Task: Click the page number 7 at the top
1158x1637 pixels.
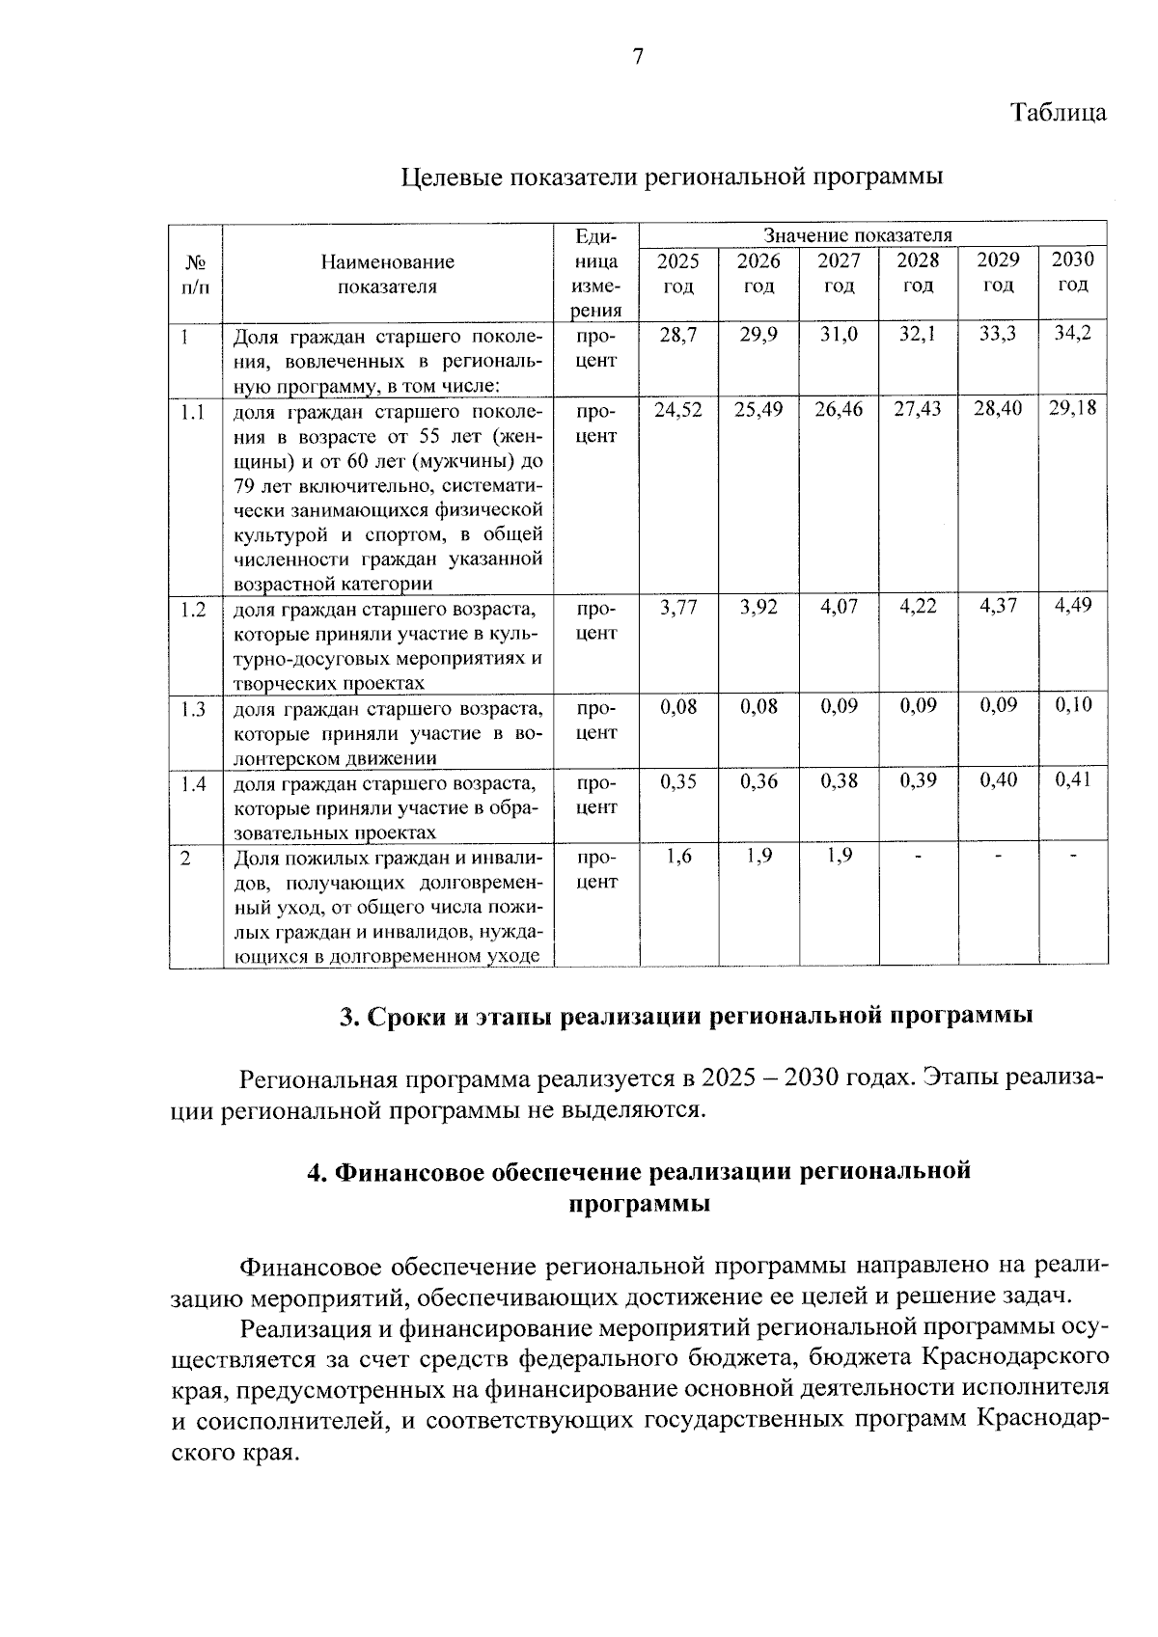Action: pyautogui.click(x=637, y=58)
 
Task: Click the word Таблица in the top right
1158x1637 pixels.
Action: pyautogui.click(x=1058, y=113)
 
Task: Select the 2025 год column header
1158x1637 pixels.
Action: pyautogui.click(x=677, y=273)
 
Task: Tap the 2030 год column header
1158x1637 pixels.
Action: pyautogui.click(x=1072, y=272)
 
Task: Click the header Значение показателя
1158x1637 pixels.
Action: pyautogui.click(x=857, y=235)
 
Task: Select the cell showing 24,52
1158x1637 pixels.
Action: pyautogui.click(x=677, y=410)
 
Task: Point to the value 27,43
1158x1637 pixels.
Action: pyautogui.click(x=917, y=409)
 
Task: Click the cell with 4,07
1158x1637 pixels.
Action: pyautogui.click(x=838, y=609)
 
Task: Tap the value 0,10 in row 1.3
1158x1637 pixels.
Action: pyautogui.click(x=1073, y=706)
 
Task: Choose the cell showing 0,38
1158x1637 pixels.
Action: pyautogui.click(x=838, y=782)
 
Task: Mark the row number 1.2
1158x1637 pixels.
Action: pyautogui.click(x=193, y=611)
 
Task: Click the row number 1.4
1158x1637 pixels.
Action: pyautogui.click(x=193, y=785)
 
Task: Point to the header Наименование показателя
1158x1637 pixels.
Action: pyautogui.click(x=387, y=274)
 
